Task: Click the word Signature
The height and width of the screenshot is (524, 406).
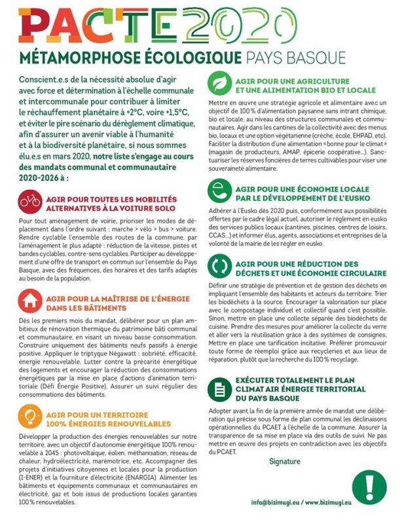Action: (x=284, y=461)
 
